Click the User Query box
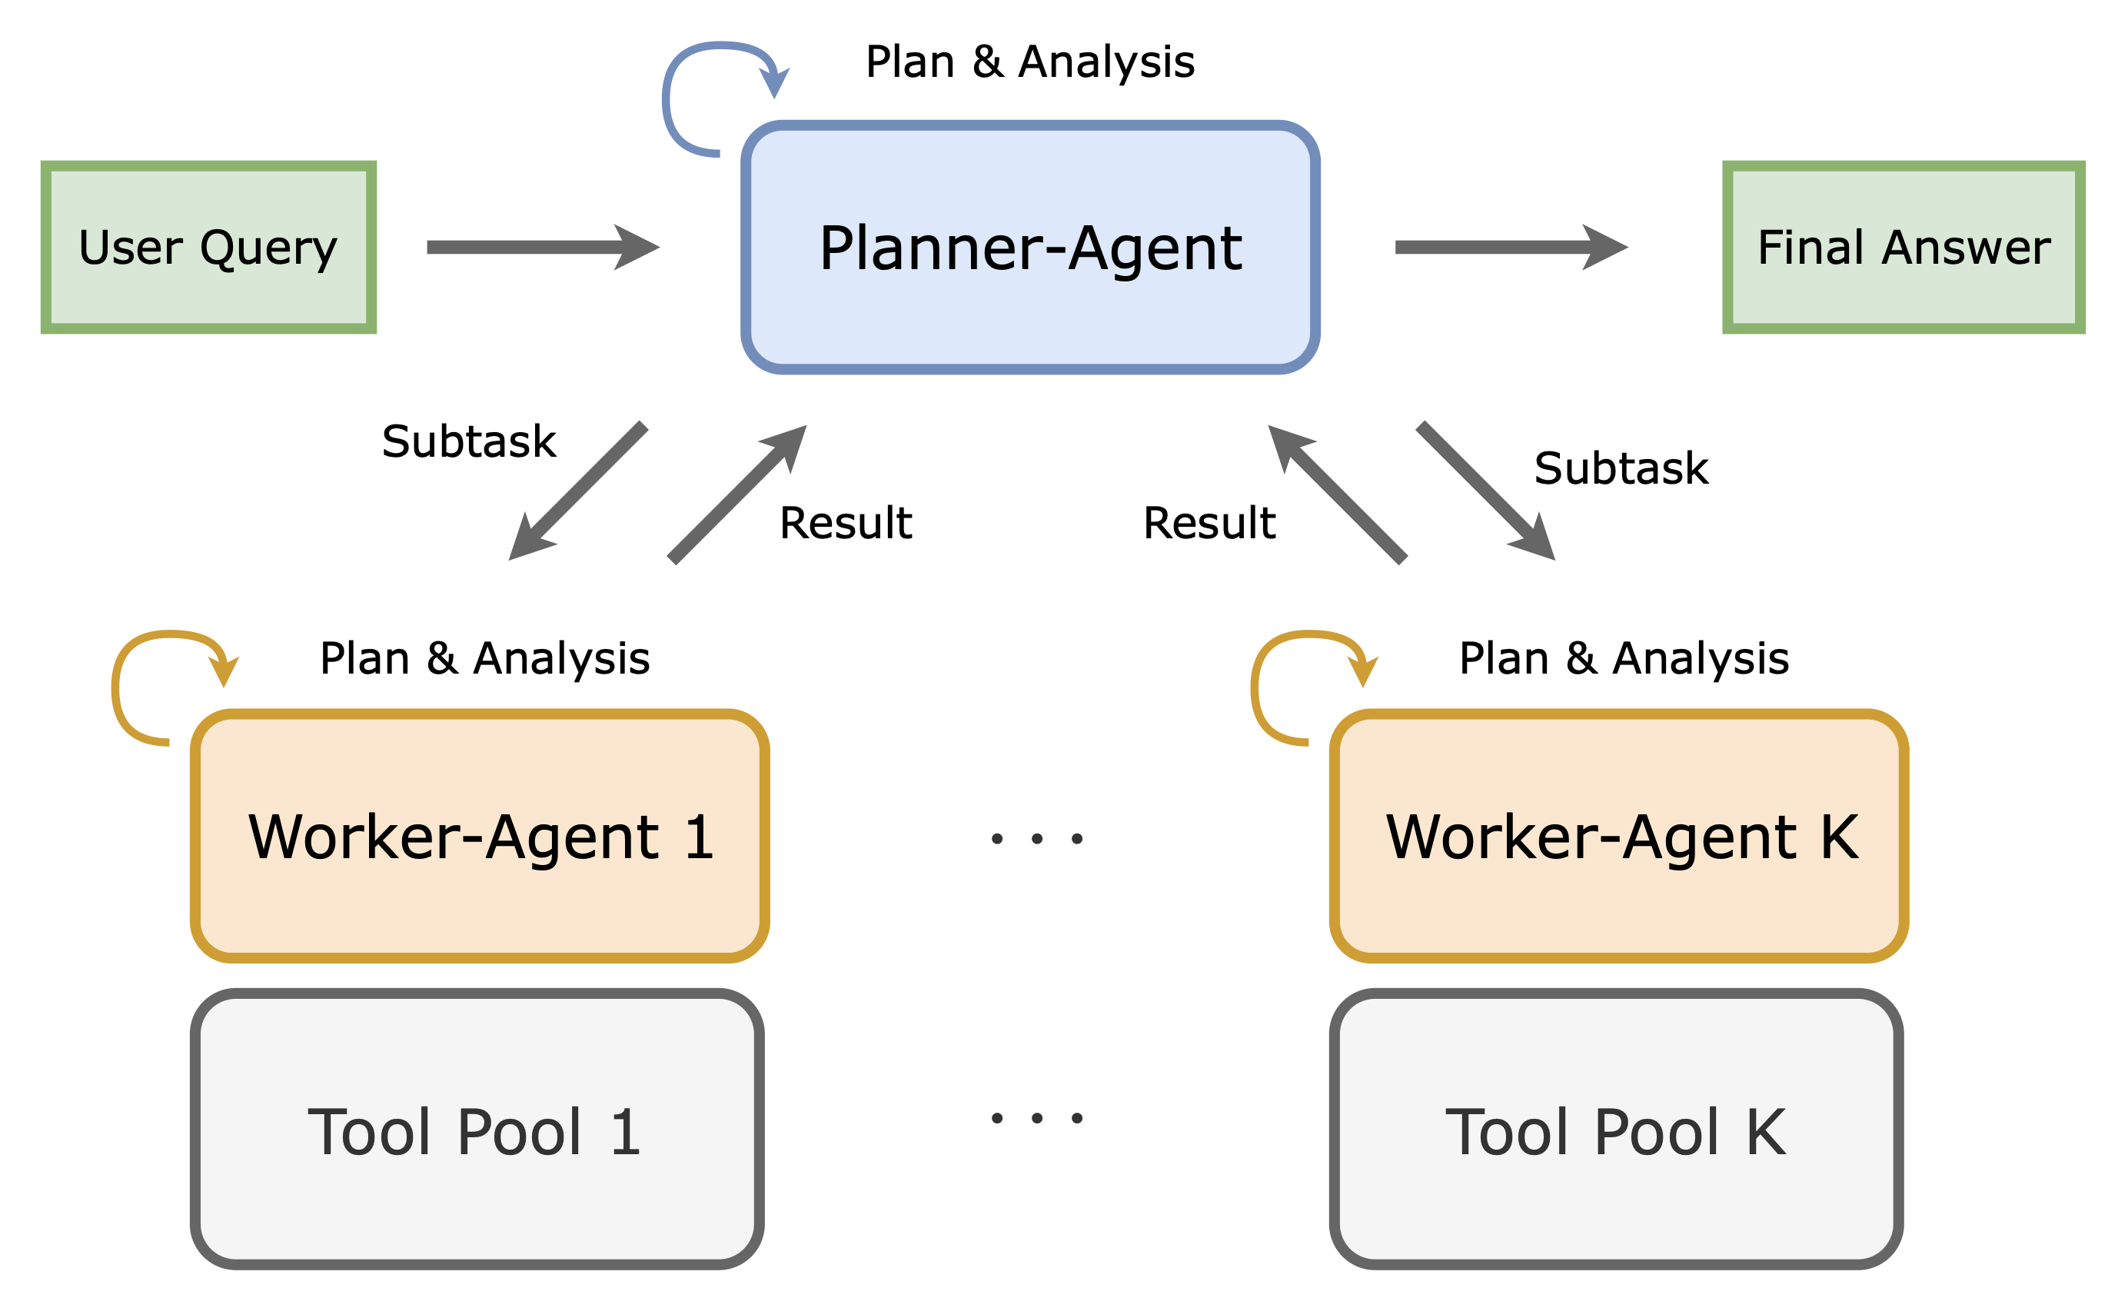click(208, 247)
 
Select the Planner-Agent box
click(1029, 247)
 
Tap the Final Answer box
click(1904, 247)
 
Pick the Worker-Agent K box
click(1618, 836)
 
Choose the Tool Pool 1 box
click(477, 1130)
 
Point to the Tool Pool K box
click(1616, 1130)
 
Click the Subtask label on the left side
click(469, 442)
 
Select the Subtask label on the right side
click(1621, 469)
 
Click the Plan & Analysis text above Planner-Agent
click(1029, 62)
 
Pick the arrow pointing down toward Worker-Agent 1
click(579, 491)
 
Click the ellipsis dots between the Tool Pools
click(1036, 1117)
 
